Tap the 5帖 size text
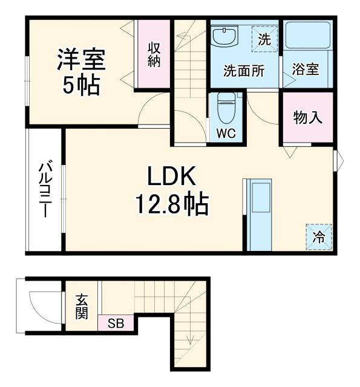[82, 86]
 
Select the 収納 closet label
[153, 54]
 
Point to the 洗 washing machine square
[264, 40]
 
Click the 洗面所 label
[244, 71]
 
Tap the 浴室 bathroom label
[306, 69]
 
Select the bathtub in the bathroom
[307, 37]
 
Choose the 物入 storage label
[307, 117]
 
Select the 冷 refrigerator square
[318, 237]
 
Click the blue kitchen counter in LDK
[261, 215]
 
